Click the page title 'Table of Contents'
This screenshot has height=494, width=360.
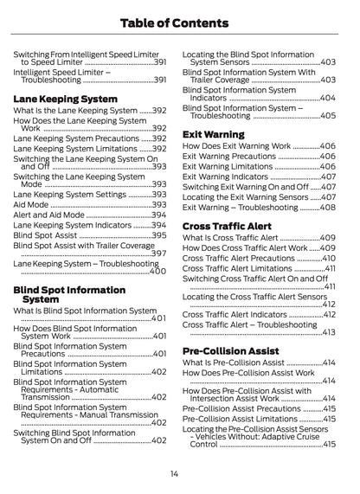point(180,22)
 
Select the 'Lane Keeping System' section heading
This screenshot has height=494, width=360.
point(65,99)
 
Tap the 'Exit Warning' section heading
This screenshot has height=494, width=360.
point(213,134)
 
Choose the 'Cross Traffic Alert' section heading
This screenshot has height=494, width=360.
point(227,226)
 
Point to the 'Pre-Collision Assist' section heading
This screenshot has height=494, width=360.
point(230,350)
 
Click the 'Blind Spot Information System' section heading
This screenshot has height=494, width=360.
point(69,294)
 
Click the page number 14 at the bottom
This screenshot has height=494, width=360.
point(174,473)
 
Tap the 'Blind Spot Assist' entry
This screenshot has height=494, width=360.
point(46,234)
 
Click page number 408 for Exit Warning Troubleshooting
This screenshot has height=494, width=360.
point(327,208)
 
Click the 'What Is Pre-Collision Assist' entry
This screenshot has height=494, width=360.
point(234,362)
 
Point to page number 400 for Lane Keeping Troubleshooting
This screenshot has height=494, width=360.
point(157,272)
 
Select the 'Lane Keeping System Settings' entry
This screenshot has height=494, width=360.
point(69,195)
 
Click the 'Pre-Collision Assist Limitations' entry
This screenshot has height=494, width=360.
point(240,419)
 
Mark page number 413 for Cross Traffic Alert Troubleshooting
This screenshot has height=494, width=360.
point(328,332)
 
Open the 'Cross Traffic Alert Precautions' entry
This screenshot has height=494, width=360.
point(238,258)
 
